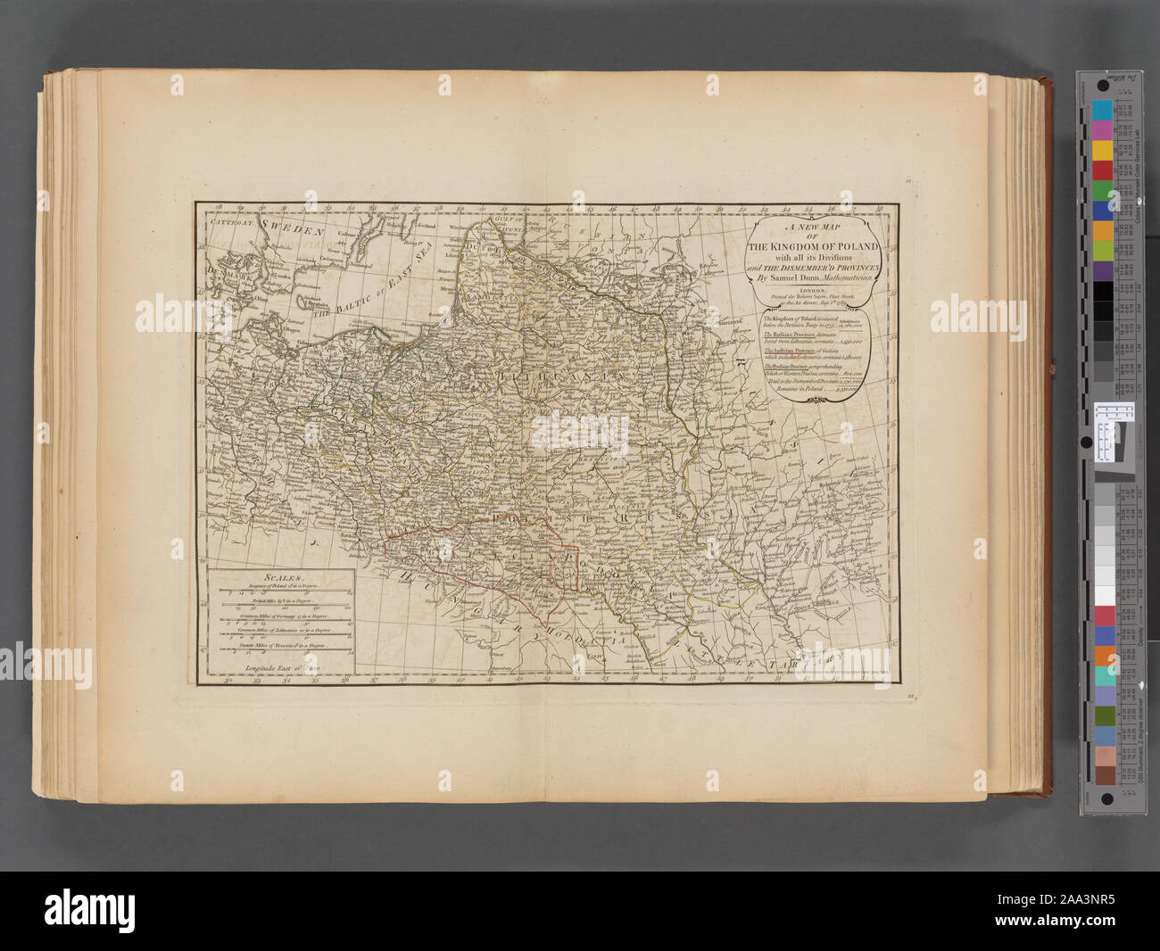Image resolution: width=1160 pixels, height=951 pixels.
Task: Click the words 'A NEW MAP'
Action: [813, 227]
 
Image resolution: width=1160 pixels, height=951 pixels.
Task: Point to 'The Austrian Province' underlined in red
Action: [787, 351]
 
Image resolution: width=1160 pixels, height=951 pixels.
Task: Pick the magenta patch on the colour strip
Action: [1102, 130]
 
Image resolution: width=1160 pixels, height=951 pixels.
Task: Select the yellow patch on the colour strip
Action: [1102, 149]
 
